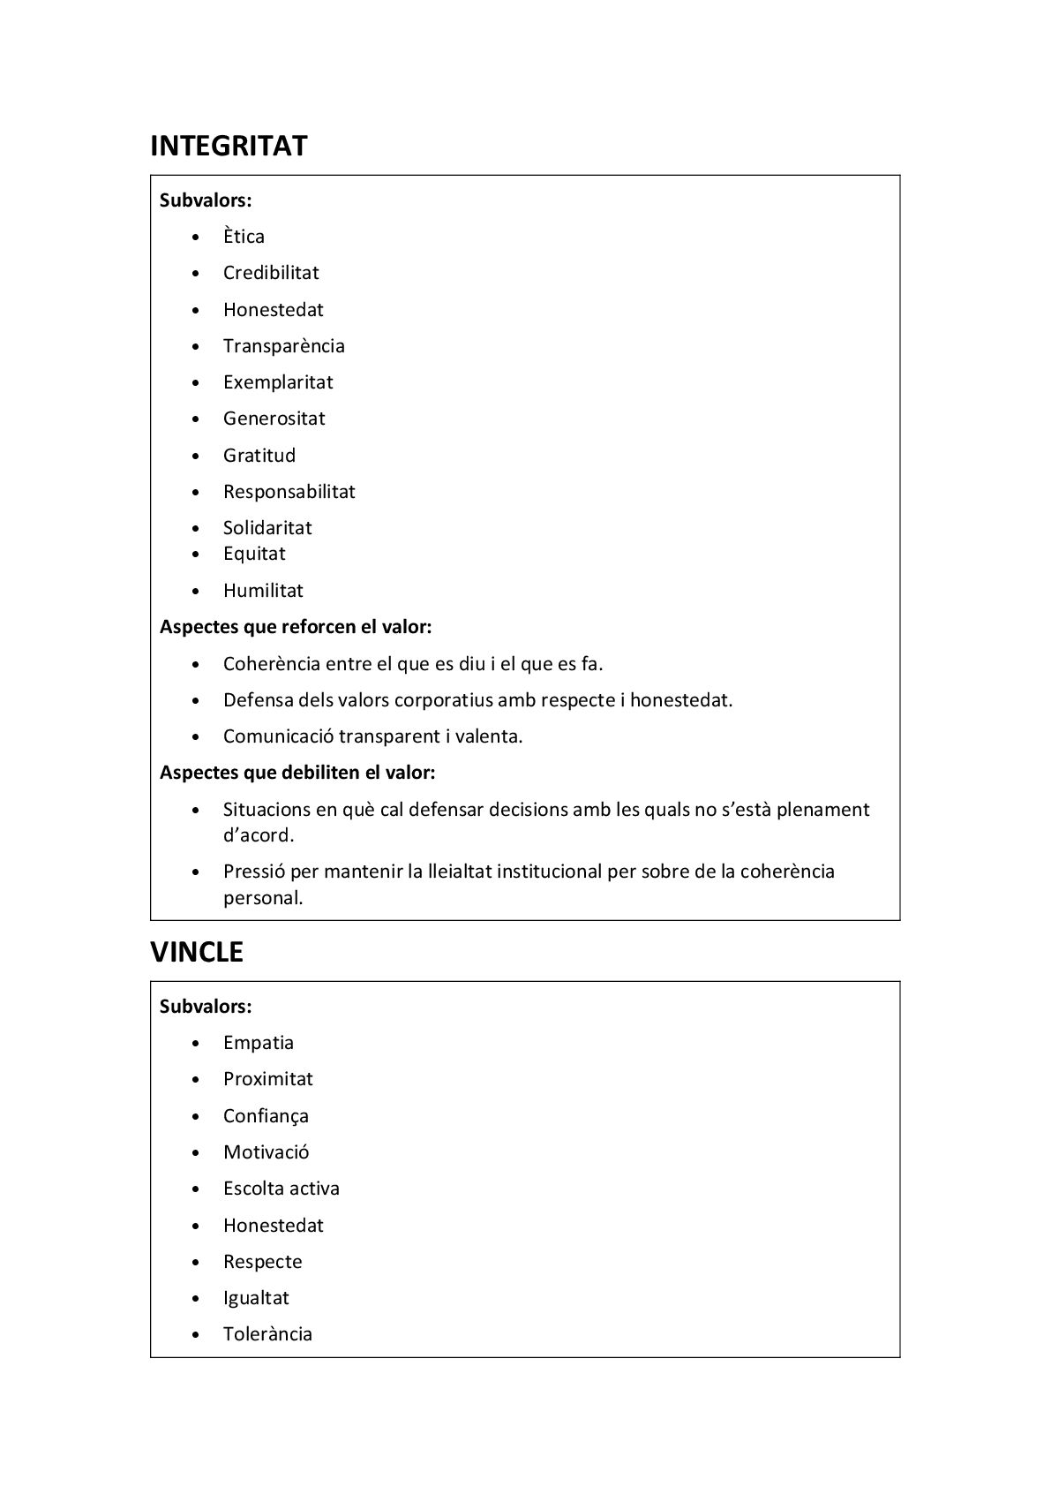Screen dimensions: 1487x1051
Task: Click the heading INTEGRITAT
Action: point(229,146)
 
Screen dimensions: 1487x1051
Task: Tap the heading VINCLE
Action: point(197,952)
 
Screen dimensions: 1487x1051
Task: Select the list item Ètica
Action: point(244,237)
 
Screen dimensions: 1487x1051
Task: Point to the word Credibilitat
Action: point(271,273)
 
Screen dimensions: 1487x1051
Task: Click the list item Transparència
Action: point(283,346)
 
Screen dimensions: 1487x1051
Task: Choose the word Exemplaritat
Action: point(278,382)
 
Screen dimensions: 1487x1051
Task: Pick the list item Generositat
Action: point(274,419)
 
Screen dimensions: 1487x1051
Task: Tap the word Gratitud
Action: point(259,456)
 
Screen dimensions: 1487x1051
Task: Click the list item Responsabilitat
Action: point(289,492)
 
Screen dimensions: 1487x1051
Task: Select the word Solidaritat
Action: point(267,528)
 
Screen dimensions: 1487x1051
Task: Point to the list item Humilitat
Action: point(263,591)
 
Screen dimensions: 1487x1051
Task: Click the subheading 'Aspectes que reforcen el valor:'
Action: point(296,627)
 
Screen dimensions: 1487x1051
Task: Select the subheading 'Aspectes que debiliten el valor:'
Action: point(297,773)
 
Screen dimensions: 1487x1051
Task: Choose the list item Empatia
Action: point(259,1043)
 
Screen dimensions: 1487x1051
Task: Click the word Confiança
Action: point(266,1116)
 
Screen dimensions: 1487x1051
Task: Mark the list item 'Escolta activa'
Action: point(282,1189)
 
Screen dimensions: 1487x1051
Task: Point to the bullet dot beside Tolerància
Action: point(196,1335)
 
